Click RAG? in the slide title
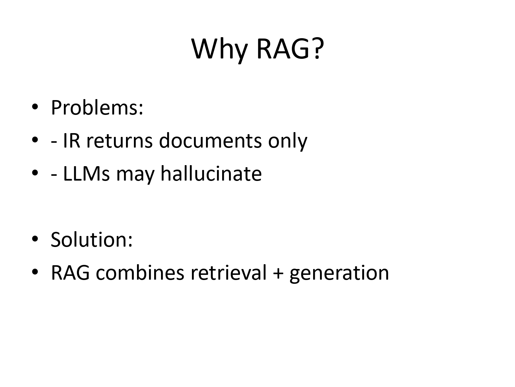click(x=290, y=49)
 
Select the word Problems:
click(x=97, y=108)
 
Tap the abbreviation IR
click(x=72, y=141)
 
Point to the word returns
click(x=119, y=141)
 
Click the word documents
click(x=210, y=141)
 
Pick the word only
click(x=287, y=141)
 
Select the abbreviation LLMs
click(x=86, y=173)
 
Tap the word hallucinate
click(x=211, y=173)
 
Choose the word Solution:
click(x=91, y=239)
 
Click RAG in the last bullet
click(x=70, y=272)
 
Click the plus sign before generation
click(x=278, y=273)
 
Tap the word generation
click(x=339, y=273)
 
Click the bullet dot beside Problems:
click(x=34, y=108)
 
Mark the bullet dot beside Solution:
click(x=34, y=239)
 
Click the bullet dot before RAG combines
click(x=34, y=272)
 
